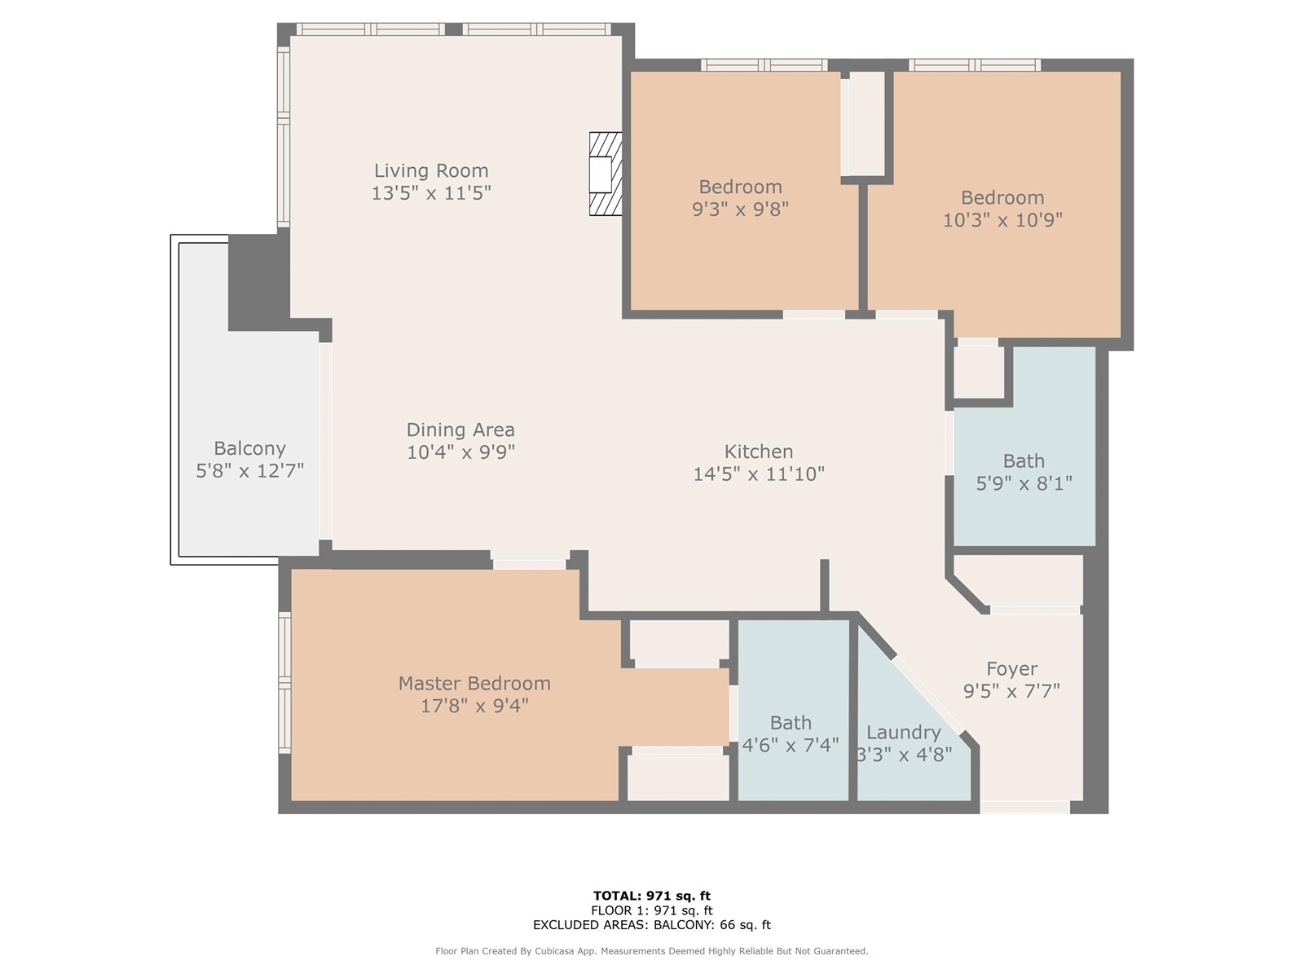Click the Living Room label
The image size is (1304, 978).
pos(430,171)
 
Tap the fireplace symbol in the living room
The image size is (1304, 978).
pos(606,174)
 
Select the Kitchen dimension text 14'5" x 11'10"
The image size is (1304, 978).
pos(759,474)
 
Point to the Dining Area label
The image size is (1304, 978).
pos(460,430)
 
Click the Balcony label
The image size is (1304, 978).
pos(249,448)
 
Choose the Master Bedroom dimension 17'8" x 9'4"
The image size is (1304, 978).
pos(474,706)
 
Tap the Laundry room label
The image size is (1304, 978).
pos(903,733)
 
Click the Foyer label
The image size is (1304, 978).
pos(1011,669)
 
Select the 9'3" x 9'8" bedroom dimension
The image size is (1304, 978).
pos(740,209)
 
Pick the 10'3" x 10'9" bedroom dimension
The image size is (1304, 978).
pos(1002,220)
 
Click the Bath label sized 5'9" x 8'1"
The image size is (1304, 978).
pos(1024,461)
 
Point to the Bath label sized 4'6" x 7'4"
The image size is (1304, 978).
pos(791,723)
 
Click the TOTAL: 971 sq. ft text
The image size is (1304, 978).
pos(652,896)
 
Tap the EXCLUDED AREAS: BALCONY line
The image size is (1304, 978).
pos(652,924)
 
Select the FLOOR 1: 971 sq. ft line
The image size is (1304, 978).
pos(652,910)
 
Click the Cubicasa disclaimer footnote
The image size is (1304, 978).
pos(652,951)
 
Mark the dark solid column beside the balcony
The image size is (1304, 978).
pos(258,282)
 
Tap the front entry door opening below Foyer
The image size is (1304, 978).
pos(1024,807)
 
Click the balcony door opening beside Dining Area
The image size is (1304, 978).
pos(325,441)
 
